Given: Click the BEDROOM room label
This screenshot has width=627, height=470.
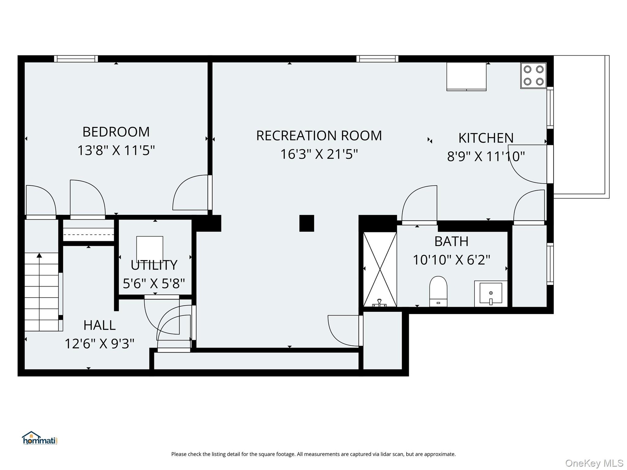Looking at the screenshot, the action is click(116, 132).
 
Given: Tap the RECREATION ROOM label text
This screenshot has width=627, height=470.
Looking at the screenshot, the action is click(319, 136).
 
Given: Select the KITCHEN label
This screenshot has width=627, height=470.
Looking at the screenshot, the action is click(486, 138).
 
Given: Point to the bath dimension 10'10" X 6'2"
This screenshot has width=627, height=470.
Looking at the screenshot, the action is click(452, 260).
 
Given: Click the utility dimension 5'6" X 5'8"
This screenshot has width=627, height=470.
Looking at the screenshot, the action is click(154, 284).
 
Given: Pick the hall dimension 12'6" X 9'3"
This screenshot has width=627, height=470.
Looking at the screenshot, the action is click(100, 344).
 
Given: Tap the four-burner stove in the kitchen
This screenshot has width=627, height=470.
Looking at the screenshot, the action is click(533, 75).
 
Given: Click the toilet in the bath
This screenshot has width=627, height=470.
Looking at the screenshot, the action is click(438, 291).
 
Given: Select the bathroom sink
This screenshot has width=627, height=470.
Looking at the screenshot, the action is click(491, 293).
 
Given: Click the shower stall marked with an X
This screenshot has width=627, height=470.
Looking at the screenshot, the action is click(380, 269).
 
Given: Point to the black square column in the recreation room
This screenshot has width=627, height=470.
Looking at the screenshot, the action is click(307, 223).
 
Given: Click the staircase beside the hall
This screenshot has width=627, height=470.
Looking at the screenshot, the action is click(42, 292).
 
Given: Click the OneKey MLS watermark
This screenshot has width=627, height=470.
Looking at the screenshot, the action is click(594, 463).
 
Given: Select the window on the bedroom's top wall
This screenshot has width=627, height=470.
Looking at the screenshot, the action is click(76, 59).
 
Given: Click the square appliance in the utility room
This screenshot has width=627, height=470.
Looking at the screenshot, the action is click(150, 249).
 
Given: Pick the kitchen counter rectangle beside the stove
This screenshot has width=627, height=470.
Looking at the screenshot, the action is click(466, 76).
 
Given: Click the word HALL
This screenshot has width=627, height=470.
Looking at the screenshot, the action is click(99, 325).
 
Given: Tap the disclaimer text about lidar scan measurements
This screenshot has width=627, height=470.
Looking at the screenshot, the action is click(313, 454).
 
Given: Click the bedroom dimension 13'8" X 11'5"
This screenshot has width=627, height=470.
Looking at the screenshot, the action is click(116, 150).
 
